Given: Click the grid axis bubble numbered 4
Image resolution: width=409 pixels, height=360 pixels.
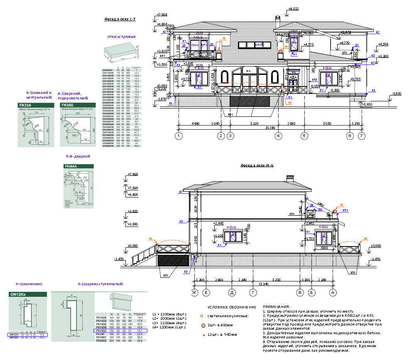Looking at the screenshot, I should (278, 136).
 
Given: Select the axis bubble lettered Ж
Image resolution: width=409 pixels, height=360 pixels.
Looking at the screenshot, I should (193, 292).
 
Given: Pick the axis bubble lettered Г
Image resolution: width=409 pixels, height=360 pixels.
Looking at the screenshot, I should (253, 292).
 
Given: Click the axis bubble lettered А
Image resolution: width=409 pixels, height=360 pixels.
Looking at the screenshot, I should (332, 292).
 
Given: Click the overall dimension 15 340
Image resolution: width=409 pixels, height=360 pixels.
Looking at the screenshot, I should (263, 284).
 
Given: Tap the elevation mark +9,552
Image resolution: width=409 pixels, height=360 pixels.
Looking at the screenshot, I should (293, 8).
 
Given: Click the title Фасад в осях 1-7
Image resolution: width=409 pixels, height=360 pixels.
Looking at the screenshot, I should (120, 19).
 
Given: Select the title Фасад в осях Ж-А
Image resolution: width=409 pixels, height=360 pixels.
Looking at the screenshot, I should (257, 165).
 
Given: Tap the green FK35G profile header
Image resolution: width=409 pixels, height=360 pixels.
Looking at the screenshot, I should (69, 106).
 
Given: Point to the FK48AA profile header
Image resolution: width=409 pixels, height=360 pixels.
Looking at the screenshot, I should (71, 166).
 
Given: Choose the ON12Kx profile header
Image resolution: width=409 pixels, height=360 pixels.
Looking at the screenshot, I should (19, 295).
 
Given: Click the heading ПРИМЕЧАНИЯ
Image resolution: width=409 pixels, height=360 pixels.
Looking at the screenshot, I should (277, 307).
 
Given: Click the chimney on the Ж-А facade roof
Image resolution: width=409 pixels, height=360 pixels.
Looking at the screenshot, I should (289, 180).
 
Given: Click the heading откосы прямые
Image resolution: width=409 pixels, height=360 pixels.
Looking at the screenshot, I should (122, 37).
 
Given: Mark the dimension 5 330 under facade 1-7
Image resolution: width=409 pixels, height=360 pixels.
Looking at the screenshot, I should (256, 123).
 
